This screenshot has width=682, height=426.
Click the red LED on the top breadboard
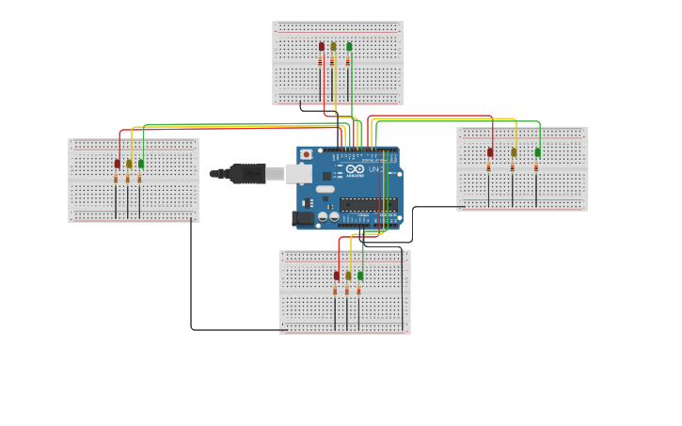click(322, 46)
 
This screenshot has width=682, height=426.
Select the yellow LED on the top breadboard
click(333, 46)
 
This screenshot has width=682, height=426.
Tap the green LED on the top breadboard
click(349, 46)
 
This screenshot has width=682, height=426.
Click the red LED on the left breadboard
click(118, 164)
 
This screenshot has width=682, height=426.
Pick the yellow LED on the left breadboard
click(129, 164)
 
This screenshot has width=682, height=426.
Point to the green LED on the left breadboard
click(141, 164)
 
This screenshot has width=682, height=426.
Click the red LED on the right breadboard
click(490, 152)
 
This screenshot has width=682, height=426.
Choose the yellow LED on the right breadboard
click(514, 152)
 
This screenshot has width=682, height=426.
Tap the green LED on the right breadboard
click(538, 152)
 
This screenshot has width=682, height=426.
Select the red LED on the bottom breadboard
click(337, 276)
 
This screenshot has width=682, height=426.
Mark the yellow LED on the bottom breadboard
click(348, 276)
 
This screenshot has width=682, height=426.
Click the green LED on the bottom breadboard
click(360, 276)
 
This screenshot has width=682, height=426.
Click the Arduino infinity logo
click(354, 169)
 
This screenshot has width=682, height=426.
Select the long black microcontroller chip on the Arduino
click(368, 204)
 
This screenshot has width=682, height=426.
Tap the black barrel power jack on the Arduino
click(303, 218)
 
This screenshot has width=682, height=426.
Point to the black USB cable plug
click(246, 173)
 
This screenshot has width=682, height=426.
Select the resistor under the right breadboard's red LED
click(489, 167)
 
